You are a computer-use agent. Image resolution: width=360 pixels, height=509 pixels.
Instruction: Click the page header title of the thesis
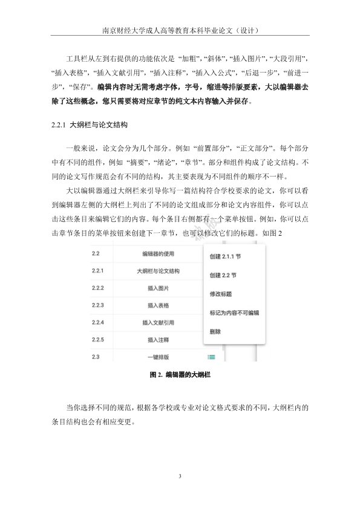(180, 29)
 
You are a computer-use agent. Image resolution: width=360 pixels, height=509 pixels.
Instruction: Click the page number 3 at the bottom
(180, 477)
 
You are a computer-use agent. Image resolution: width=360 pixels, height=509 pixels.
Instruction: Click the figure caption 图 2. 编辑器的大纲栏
(180, 375)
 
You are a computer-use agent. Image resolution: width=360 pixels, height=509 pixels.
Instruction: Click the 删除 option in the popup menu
(215, 332)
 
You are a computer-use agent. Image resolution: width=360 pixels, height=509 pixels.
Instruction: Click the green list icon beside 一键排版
(194, 357)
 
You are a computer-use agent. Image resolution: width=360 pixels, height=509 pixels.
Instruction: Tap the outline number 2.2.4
(97, 322)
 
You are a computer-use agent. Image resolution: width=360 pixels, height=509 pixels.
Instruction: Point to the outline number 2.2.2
(97, 288)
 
